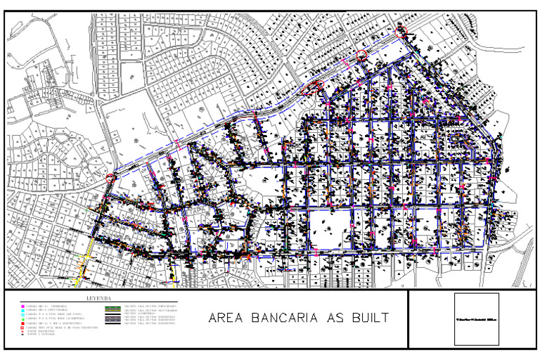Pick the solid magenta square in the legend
point(23,307)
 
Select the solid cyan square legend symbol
point(23,311)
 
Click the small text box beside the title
point(476,319)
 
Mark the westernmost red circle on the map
point(110,179)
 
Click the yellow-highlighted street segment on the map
point(85,260)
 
